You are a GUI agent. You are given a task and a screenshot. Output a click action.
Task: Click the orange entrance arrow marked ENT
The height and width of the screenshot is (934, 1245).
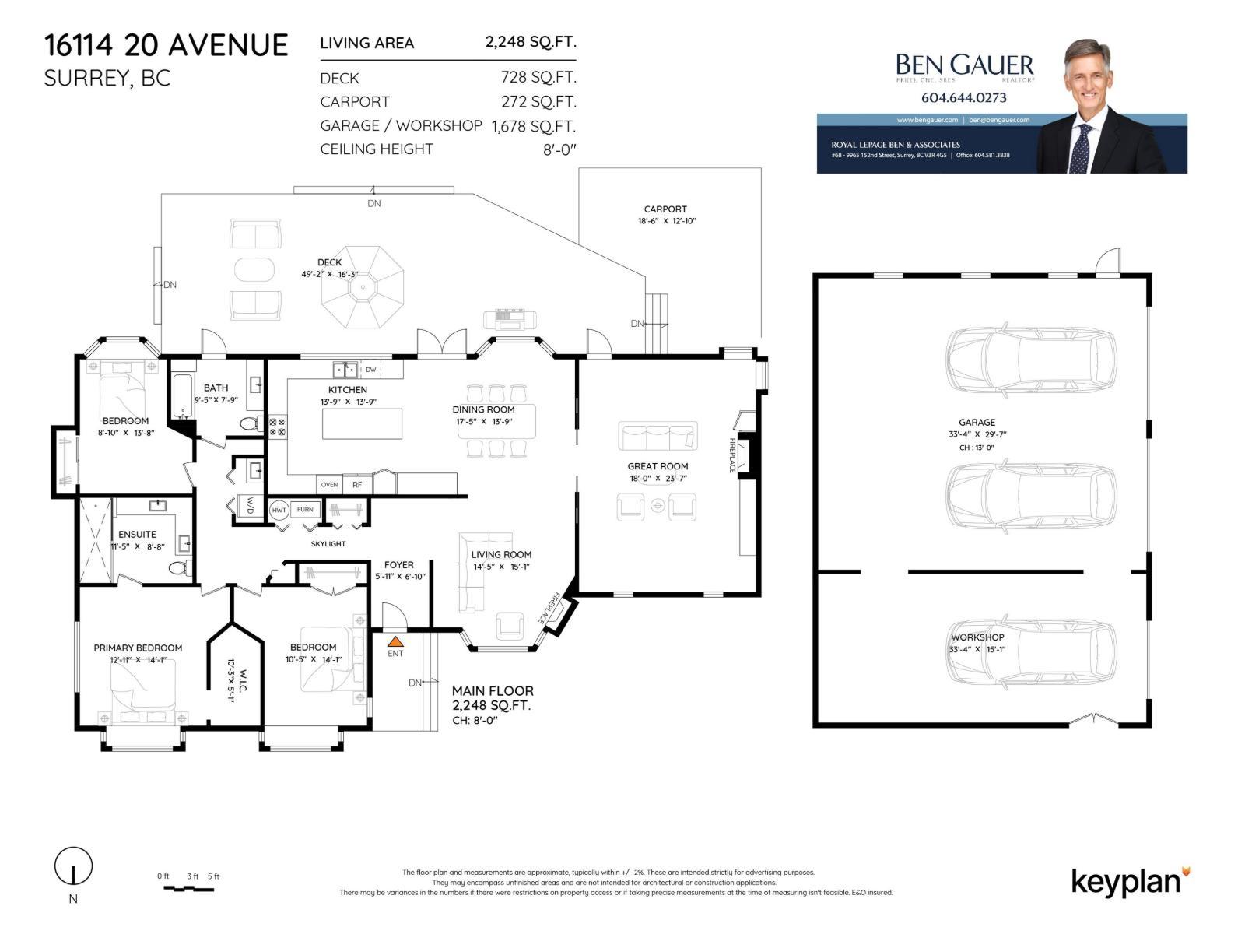[395, 642]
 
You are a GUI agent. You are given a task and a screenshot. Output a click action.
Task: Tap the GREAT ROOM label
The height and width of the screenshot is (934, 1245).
[658, 466]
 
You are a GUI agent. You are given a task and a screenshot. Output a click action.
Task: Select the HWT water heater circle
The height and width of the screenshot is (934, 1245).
[279, 510]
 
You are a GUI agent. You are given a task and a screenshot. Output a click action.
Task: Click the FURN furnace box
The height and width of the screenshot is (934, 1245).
[305, 510]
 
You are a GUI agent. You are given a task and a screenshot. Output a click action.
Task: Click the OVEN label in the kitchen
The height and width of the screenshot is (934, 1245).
[329, 484]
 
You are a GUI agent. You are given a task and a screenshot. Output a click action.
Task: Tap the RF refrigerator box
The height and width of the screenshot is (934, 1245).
[357, 484]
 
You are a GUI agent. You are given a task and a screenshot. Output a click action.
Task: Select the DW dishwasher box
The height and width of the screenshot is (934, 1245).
[371, 370]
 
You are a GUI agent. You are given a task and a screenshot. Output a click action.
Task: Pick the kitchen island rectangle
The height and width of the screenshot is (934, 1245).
[362, 424]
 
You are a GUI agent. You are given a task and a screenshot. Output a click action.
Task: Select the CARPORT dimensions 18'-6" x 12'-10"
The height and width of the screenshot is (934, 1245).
[665, 221]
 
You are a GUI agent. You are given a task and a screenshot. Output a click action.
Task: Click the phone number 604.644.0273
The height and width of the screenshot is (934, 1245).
[963, 98]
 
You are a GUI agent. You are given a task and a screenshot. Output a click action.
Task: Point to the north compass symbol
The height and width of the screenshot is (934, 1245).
[73, 866]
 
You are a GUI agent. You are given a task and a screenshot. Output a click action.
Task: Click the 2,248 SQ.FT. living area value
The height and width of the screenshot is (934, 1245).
[530, 42]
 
